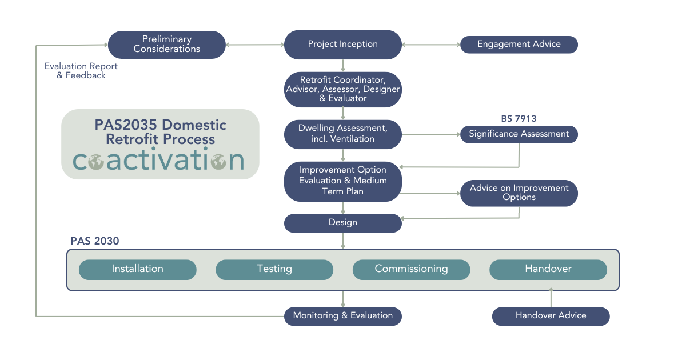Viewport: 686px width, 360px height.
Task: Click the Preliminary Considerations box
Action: click(166, 45)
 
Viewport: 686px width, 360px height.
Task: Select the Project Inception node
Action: click(342, 45)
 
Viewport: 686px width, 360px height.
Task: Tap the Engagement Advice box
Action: click(519, 45)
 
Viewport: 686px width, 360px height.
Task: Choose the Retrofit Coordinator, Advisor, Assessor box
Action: click(342, 89)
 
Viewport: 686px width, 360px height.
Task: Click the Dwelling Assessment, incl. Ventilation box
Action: click(342, 134)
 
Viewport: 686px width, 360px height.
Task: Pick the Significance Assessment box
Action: click(519, 134)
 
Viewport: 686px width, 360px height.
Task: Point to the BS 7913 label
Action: click(519, 119)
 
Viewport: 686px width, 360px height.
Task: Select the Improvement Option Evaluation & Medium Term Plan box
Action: click(342, 181)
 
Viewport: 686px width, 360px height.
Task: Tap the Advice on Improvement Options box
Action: click(519, 193)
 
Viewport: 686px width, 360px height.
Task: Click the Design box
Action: click(342, 223)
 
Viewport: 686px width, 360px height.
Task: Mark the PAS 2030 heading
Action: click(95, 241)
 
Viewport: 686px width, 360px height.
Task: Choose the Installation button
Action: click(137, 269)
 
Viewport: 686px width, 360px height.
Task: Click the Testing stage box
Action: click(274, 269)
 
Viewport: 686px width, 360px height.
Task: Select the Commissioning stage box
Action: click(411, 269)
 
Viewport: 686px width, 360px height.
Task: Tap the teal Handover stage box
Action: click(548, 269)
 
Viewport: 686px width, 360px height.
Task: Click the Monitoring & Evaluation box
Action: click(342, 316)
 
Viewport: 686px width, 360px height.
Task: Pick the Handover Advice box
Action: click(551, 316)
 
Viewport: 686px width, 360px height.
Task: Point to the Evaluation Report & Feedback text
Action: click(81, 71)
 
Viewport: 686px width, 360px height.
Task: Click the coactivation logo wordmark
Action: click(158, 161)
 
